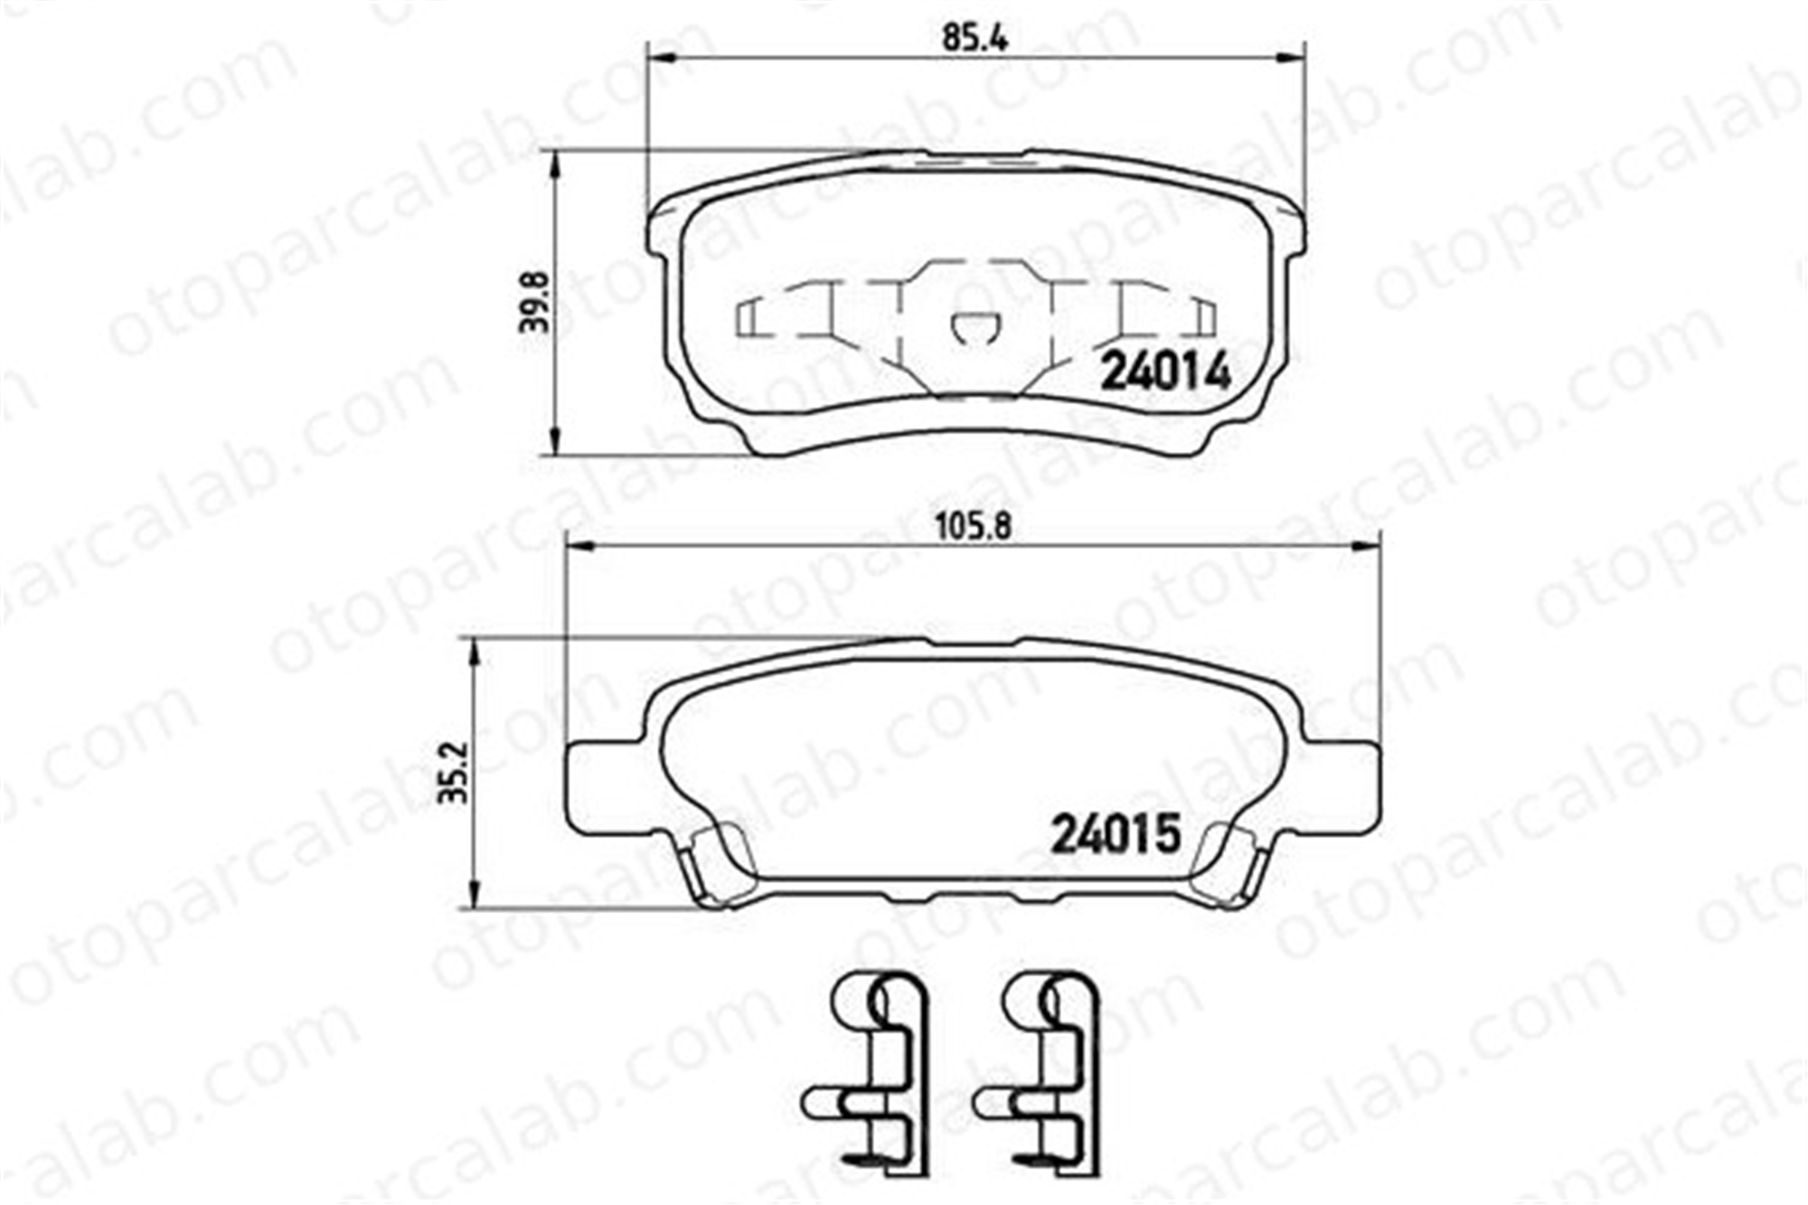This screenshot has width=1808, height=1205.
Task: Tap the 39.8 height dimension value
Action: click(534, 303)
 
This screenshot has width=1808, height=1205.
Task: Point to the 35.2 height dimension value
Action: click(455, 773)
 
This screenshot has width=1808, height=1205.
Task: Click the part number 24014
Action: click(1165, 371)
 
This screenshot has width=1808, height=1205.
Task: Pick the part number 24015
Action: click(1116, 833)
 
